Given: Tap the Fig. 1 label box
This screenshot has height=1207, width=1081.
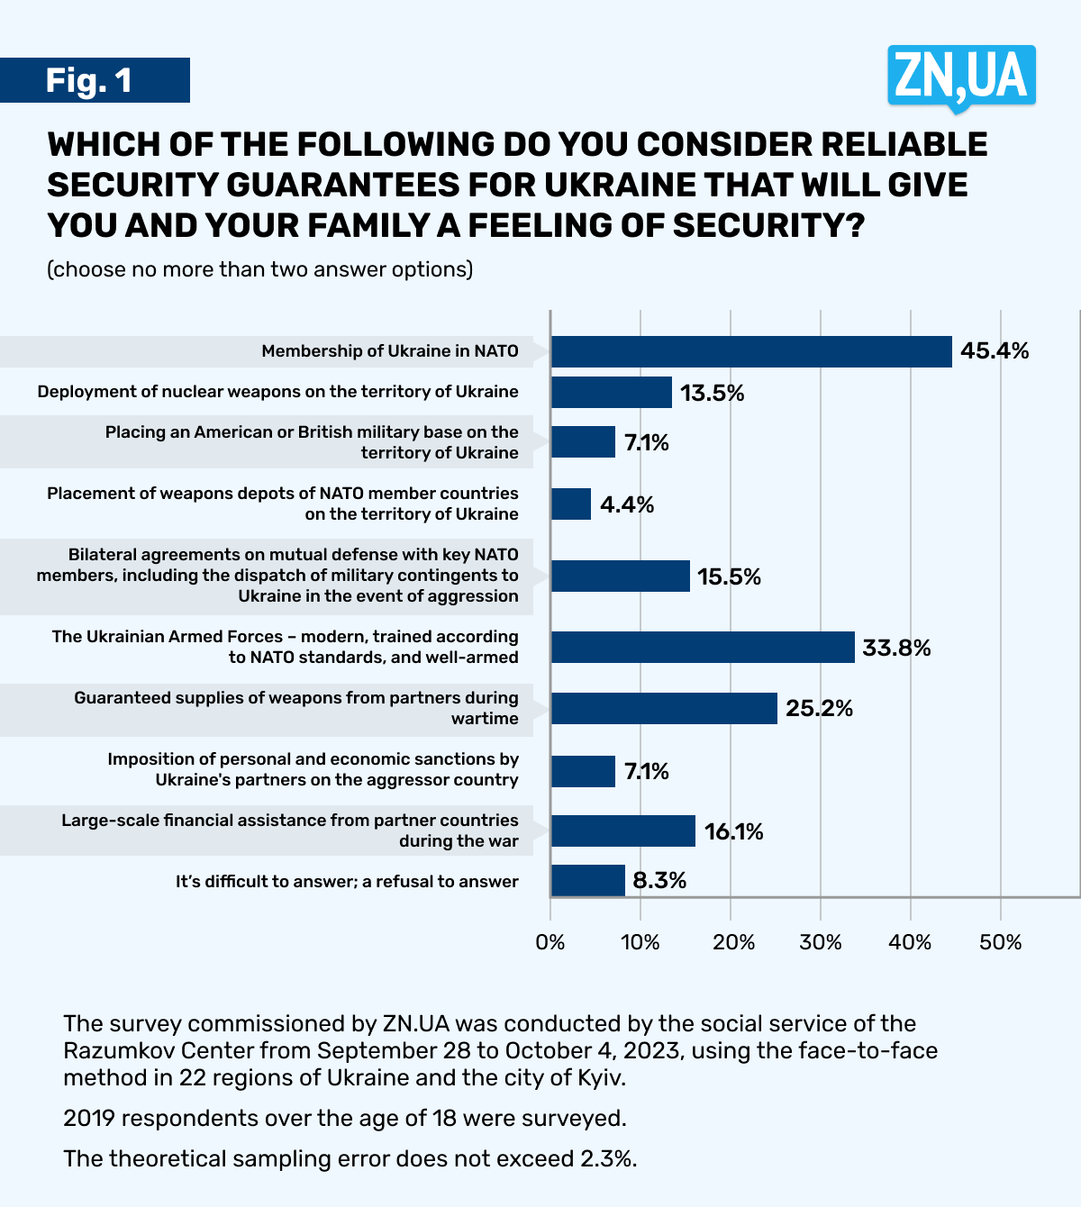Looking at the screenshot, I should pos(94,80).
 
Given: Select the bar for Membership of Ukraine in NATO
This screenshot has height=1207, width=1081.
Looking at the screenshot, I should pos(750,351).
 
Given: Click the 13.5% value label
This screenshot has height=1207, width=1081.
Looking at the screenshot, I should pos(712,393).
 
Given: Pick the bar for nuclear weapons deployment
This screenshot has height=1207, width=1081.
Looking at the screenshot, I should pos(611,393).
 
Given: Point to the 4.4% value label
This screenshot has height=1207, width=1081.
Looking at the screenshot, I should pos(627,504).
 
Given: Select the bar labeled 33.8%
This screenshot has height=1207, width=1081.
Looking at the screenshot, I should pos(702,648).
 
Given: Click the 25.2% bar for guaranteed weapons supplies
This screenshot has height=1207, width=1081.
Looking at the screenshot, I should pos(663,709).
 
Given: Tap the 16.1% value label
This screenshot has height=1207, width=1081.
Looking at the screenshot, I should pos(733,831).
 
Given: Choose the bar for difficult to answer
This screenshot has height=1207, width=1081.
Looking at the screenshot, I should pos(587,881).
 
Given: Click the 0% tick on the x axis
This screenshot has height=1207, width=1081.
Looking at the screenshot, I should pos(550,942).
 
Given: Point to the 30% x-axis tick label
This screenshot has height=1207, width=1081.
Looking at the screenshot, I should pos(821,942).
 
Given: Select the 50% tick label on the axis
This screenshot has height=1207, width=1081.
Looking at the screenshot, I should pos(1000,942).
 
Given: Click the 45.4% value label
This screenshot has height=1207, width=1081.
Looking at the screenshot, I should pos(995,351).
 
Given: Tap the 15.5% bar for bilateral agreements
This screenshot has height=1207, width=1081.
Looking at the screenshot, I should pos(620,576).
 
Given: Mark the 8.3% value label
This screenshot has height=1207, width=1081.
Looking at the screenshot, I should pos(659,881).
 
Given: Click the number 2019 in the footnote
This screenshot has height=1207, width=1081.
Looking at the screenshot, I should pos(89,1118).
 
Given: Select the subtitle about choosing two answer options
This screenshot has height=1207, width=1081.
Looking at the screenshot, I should pos(259,269).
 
